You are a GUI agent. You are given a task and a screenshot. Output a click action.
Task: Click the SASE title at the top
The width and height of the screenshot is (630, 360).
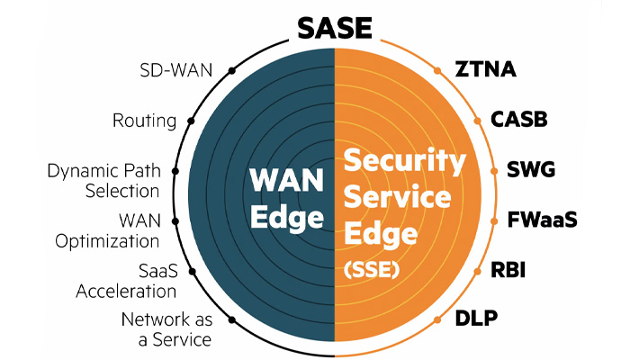pyautogui.click(x=334, y=27)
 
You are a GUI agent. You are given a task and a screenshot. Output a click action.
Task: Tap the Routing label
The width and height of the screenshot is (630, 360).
pyautogui.click(x=143, y=120)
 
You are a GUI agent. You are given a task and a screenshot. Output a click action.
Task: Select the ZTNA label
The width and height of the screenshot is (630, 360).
pyautogui.click(x=483, y=70)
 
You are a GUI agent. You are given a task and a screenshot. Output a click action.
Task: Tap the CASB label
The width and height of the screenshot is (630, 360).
pyautogui.click(x=519, y=120)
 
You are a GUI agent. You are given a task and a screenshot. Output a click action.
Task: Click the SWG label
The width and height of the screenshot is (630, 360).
pyautogui.click(x=532, y=169)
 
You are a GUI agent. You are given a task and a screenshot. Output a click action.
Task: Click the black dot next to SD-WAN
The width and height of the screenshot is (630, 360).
pyautogui.click(x=231, y=69)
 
